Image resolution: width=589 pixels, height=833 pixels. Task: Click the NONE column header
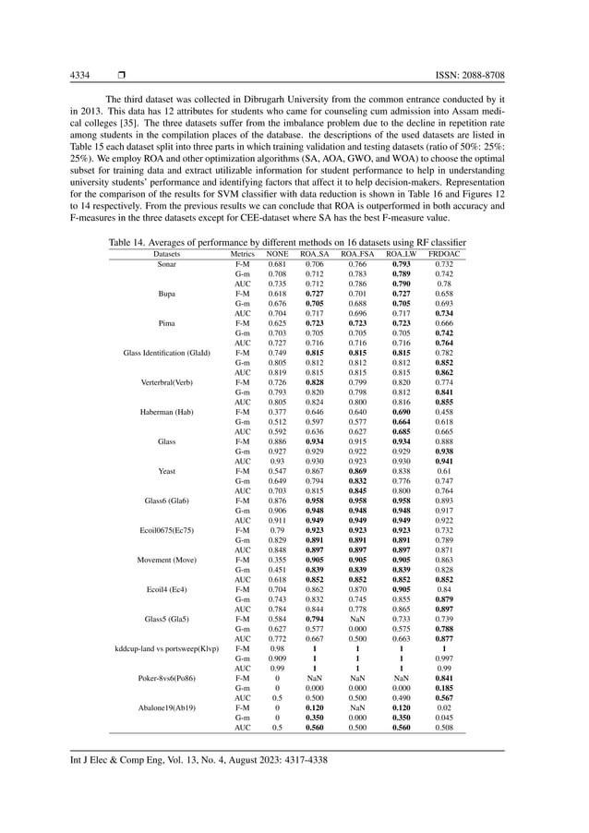(x=277, y=252)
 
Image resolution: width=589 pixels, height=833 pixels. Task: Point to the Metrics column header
(x=242, y=252)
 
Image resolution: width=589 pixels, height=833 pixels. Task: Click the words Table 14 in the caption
(x=128, y=240)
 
